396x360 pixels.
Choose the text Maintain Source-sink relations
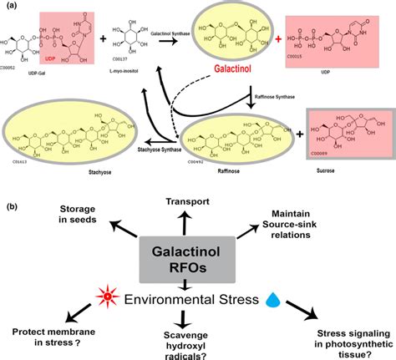312,225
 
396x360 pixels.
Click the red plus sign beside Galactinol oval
276,39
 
